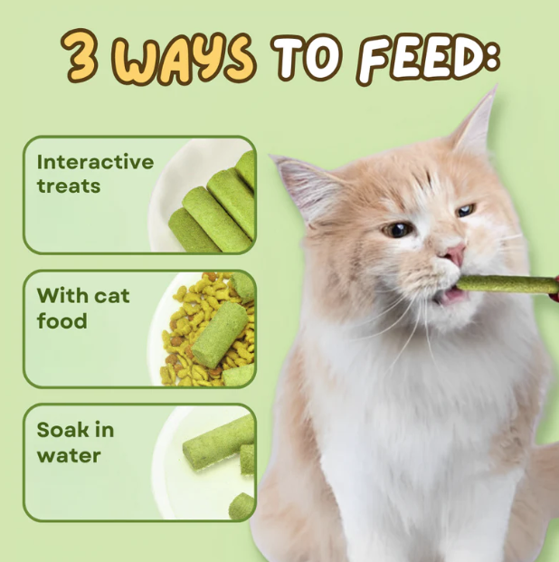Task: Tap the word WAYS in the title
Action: coord(184,60)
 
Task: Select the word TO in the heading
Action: coord(307,57)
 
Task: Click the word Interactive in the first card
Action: coord(95,162)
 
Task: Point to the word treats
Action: coord(69,186)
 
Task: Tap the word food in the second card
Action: coord(62,320)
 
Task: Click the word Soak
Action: coord(62,429)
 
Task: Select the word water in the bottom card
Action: coord(69,455)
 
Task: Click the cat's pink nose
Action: coord(454,253)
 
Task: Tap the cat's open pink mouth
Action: coord(452,295)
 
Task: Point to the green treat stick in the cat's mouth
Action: coord(507,285)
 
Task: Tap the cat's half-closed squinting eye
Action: coord(466,210)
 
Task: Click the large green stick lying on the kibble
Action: coord(219,335)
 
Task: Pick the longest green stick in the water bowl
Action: coord(219,443)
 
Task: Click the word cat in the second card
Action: coord(112,296)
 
